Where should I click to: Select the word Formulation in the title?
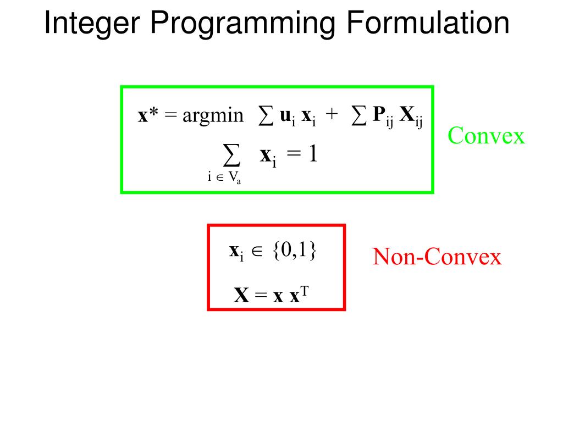[428, 24]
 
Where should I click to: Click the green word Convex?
[486, 135]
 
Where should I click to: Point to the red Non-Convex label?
[437, 257]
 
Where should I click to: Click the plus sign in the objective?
[331, 115]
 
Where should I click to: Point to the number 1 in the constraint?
[312, 154]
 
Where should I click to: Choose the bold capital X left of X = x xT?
[242, 296]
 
